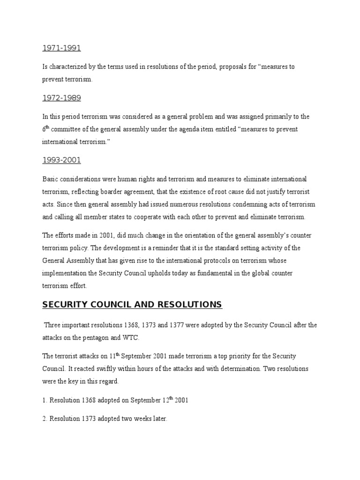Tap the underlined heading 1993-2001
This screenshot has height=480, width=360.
tap(61, 160)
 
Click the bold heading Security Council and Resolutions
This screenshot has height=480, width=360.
tap(132, 305)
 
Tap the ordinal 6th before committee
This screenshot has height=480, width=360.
tap(45, 129)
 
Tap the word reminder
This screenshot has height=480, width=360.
tap(184, 248)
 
